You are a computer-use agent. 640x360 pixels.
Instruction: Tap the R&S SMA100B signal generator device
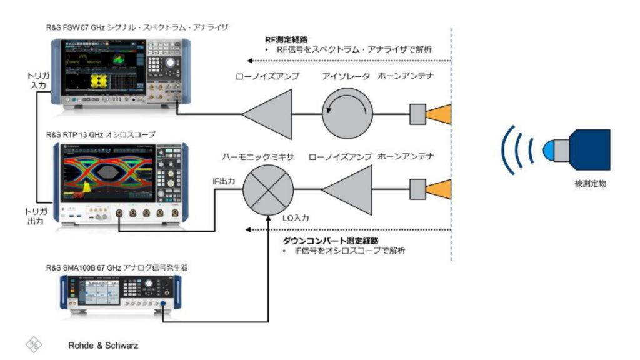pyautogui.click(x=119, y=293)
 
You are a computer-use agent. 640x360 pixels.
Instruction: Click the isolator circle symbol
pyautogui.click(x=347, y=114)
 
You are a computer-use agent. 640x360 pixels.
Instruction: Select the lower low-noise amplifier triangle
pyautogui.click(x=347, y=187)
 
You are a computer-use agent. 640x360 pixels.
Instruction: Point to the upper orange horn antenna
pyautogui.click(x=438, y=114)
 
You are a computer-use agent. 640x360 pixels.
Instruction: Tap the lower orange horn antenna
pyautogui.click(x=438, y=187)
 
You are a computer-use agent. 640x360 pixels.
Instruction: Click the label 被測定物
pyautogui.click(x=589, y=184)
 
